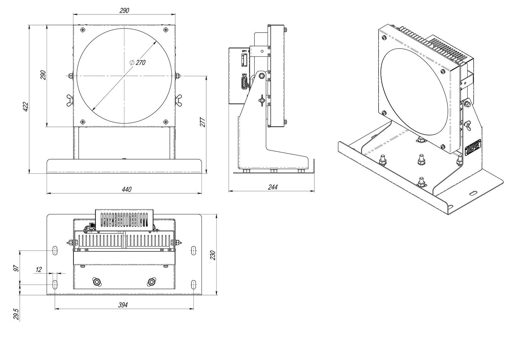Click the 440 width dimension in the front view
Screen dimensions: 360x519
pyautogui.click(x=127, y=189)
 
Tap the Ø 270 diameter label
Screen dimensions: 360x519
pyautogui.click(x=138, y=62)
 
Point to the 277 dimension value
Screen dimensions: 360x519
pyautogui.click(x=202, y=122)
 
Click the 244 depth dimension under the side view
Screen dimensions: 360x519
pyautogui.click(x=273, y=187)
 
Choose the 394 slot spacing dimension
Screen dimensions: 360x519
pyautogui.click(x=123, y=305)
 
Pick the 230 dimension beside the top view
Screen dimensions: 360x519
pyautogui.click(x=213, y=255)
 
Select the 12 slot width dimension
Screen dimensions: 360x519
pyautogui.click(x=39, y=269)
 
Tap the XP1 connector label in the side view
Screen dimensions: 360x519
pyautogui.click(x=244, y=51)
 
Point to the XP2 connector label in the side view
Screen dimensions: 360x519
pyautogui.click(x=244, y=75)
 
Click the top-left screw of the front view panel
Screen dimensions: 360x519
pyautogui.click(x=82, y=30)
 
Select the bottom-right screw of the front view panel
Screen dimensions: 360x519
pyautogui.click(x=165, y=122)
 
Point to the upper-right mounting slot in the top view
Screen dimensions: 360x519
pyautogui.click(x=193, y=250)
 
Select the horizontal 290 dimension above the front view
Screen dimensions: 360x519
pyautogui.click(x=124, y=10)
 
